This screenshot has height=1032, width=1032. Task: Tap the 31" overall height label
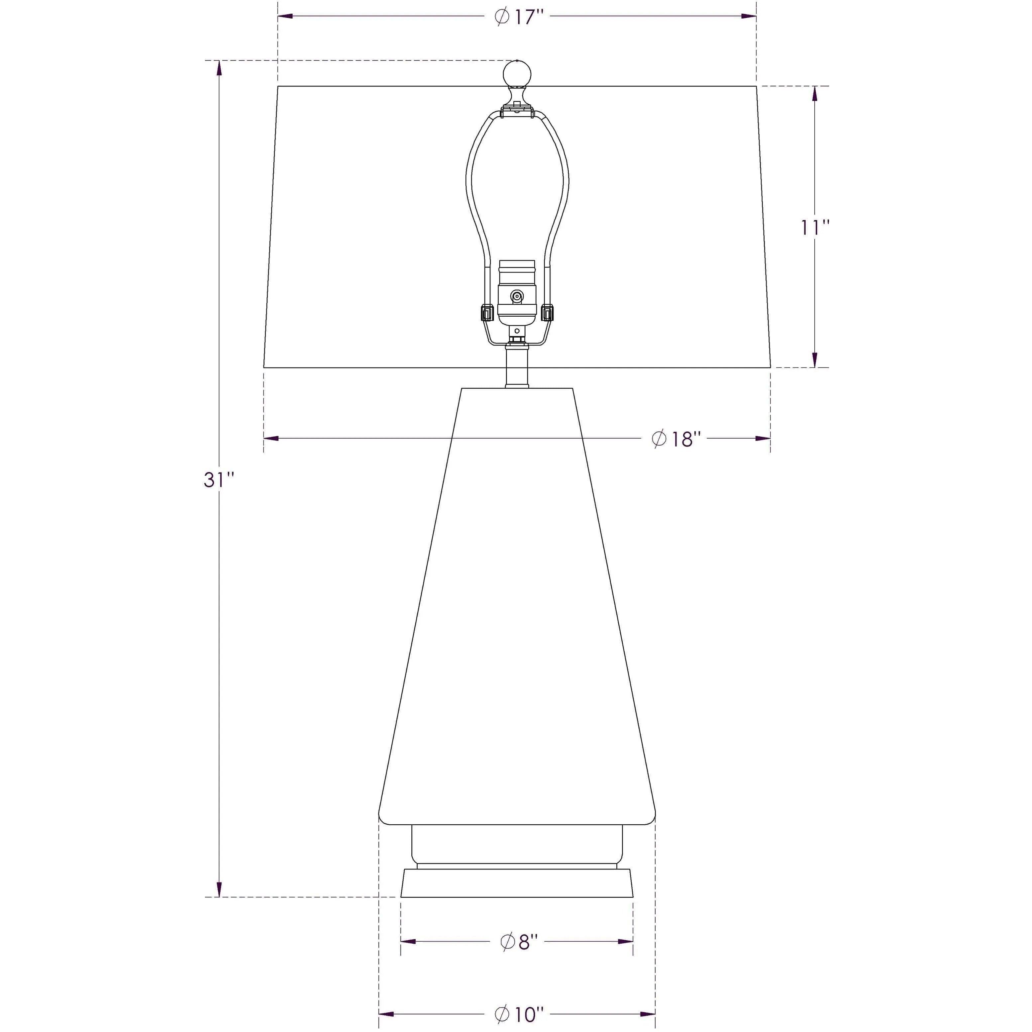point(219,480)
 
